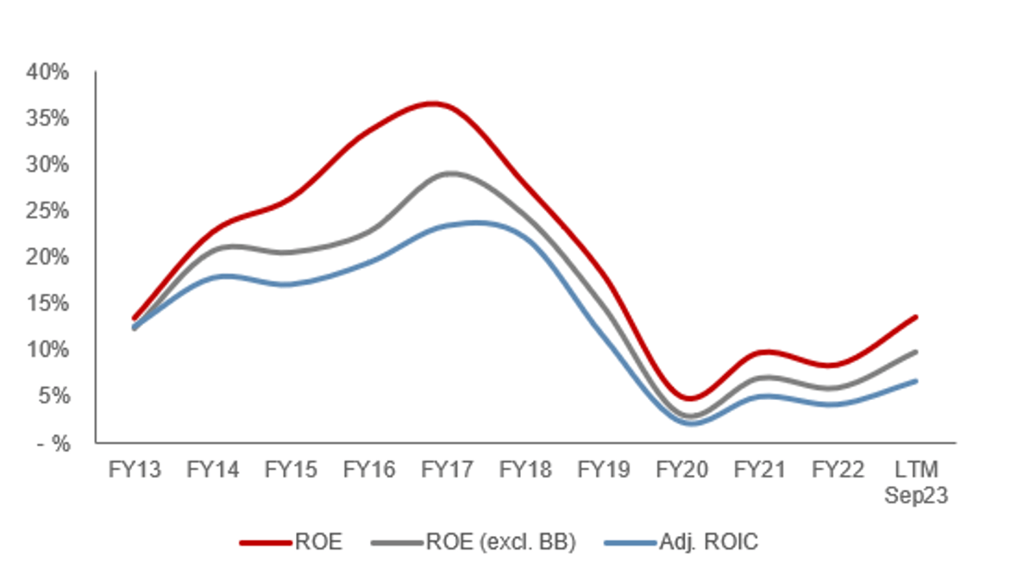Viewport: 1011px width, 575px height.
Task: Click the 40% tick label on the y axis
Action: pyautogui.click(x=51, y=72)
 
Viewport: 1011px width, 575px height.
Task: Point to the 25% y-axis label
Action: pyautogui.click(x=51, y=210)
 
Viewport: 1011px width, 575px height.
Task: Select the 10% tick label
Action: pyautogui.click(x=51, y=349)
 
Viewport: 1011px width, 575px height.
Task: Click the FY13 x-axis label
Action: pyautogui.click(x=134, y=470)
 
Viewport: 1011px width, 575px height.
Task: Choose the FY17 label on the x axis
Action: pyautogui.click(x=447, y=470)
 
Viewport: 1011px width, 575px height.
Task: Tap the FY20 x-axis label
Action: pyautogui.click(x=681, y=470)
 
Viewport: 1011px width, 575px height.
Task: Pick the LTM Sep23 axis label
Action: pyautogui.click(x=916, y=484)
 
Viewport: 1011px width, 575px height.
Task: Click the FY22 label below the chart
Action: pyautogui.click(x=838, y=470)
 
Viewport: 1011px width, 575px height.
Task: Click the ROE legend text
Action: pyautogui.click(x=318, y=542)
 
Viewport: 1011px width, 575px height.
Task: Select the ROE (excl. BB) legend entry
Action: pyautogui.click(x=501, y=542)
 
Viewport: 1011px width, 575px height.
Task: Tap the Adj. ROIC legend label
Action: pyautogui.click(x=708, y=542)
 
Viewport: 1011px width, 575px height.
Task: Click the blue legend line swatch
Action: pyautogui.click(x=630, y=543)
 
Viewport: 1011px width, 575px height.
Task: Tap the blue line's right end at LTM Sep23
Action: pyautogui.click(x=915, y=381)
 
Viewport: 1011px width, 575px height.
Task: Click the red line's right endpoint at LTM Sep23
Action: pyautogui.click(x=915, y=317)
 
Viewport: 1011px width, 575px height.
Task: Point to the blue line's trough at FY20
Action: pyautogui.click(x=682, y=423)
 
